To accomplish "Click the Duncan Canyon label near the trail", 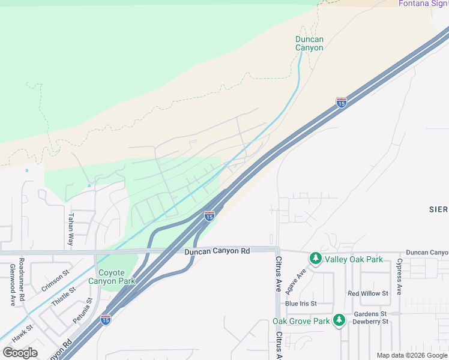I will pyautogui.click(x=309, y=44).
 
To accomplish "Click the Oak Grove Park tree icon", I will pyautogui.click(x=339, y=320).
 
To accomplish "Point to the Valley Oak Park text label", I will pyautogui.click(x=354, y=259).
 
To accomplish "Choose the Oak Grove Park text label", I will pyautogui.click(x=301, y=321).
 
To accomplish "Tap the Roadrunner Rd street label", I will pyautogui.click(x=21, y=280).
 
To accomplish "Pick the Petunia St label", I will pyautogui.click(x=82, y=311).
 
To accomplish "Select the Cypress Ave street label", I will pyautogui.click(x=399, y=277).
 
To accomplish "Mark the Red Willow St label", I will pyautogui.click(x=368, y=293).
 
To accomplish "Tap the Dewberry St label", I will pyautogui.click(x=371, y=322).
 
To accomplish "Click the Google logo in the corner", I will pyautogui.click(x=20, y=353).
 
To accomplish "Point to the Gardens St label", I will pyautogui.click(x=370, y=314).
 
